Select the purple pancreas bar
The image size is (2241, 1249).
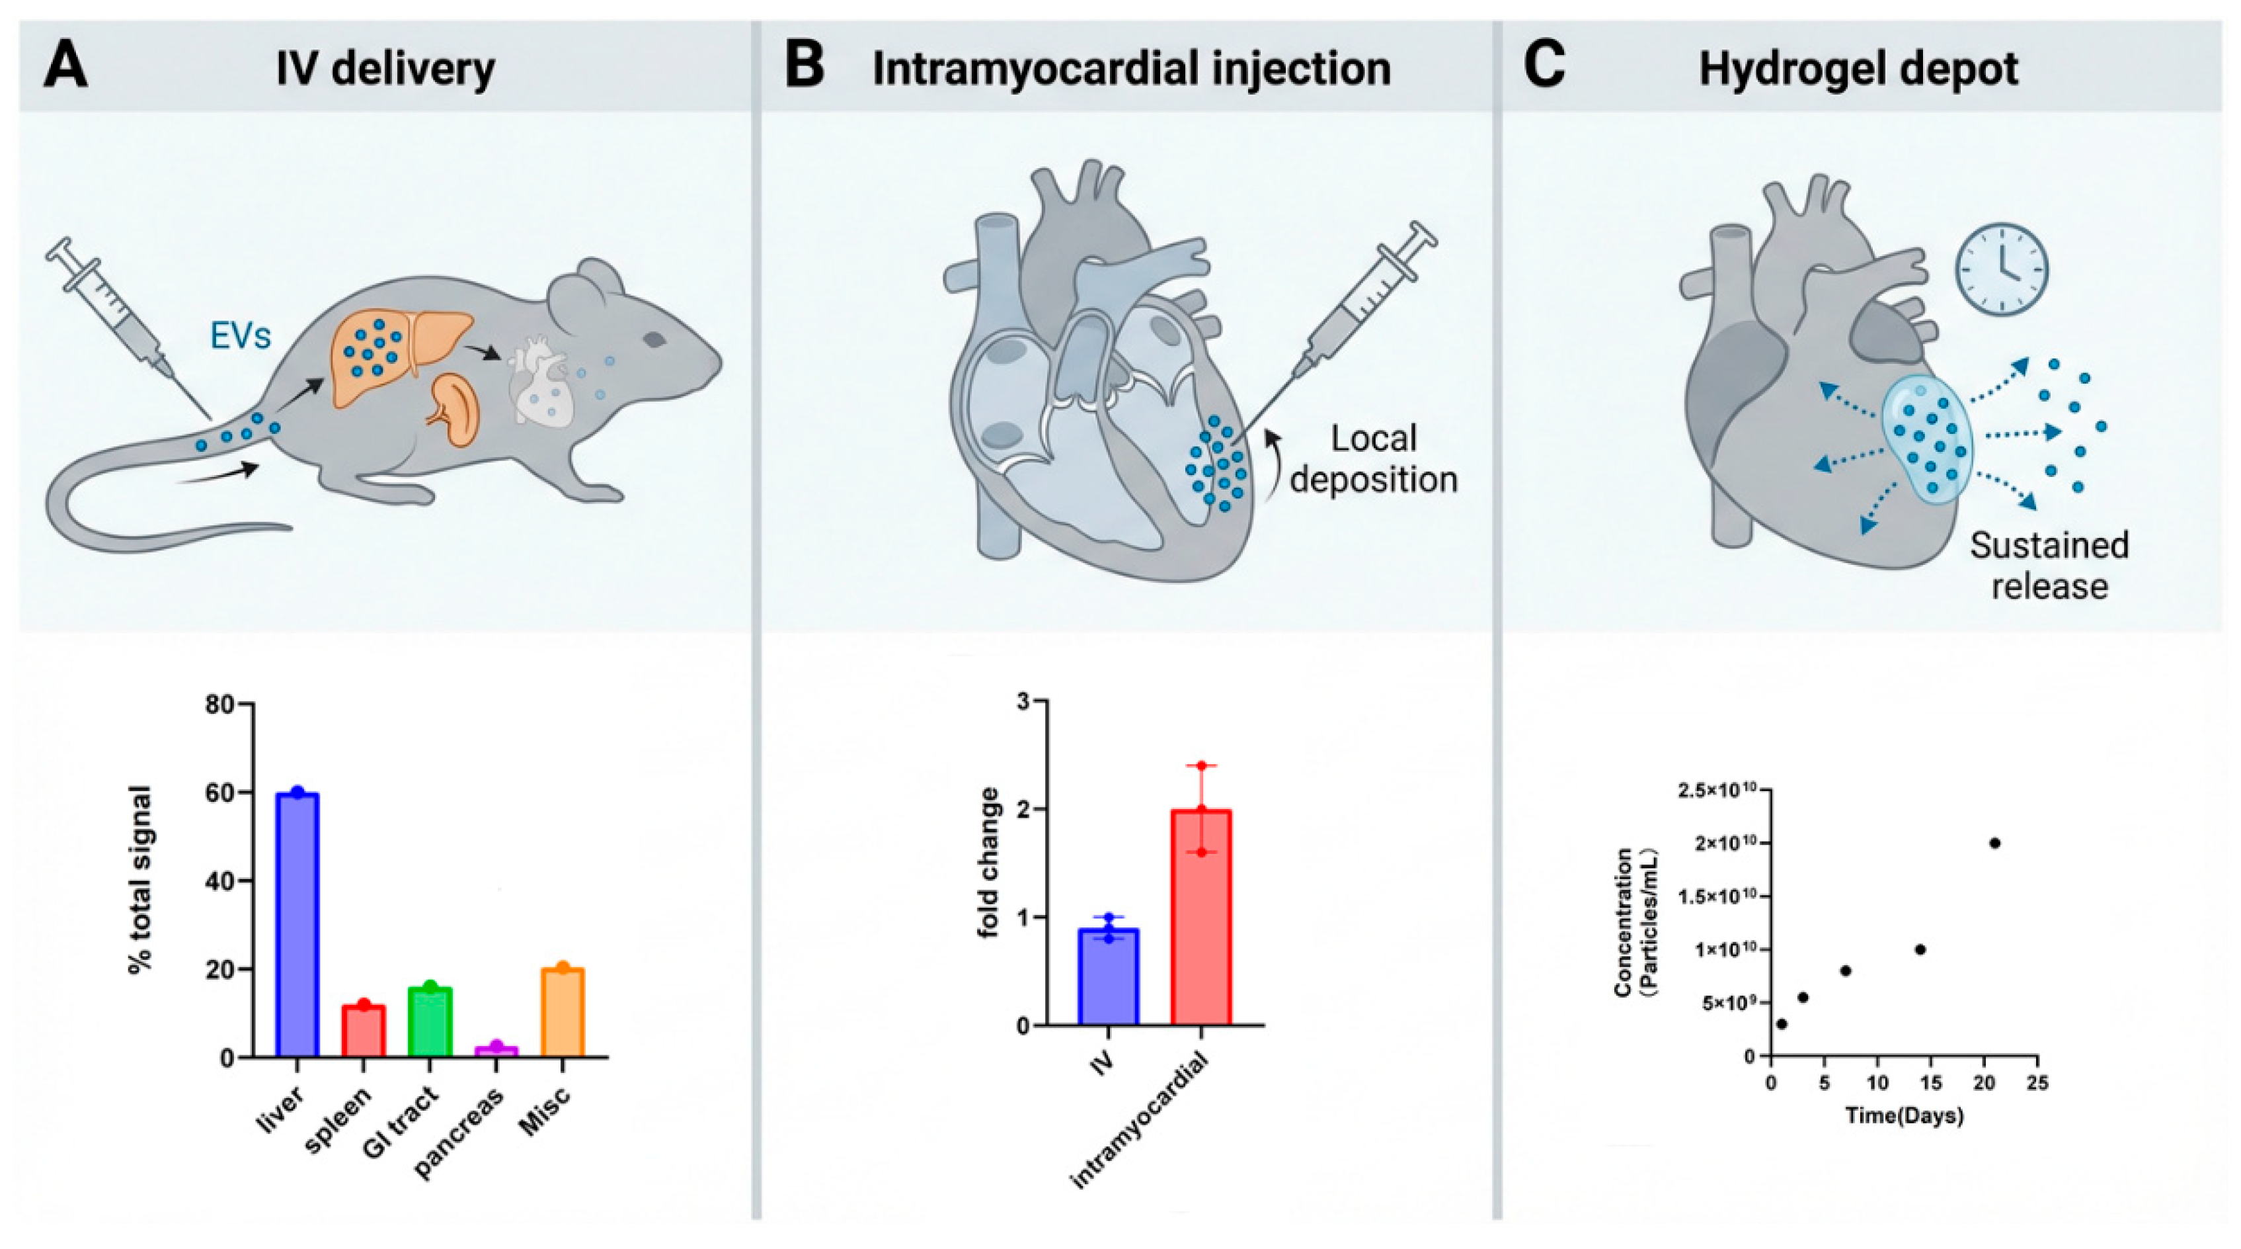click(x=496, y=1051)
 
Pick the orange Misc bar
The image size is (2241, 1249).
click(x=562, y=1012)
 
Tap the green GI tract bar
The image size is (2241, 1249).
click(x=430, y=1022)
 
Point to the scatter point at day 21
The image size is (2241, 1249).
click(x=1995, y=843)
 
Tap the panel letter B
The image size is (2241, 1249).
click(x=804, y=67)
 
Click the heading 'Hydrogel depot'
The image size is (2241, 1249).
click(x=1858, y=69)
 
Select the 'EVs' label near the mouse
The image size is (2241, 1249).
click(x=240, y=335)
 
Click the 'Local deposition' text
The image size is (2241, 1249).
click(x=1373, y=458)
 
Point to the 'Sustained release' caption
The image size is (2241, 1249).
click(x=2049, y=566)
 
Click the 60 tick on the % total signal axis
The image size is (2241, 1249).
click(x=220, y=793)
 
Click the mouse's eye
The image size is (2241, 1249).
click(x=654, y=339)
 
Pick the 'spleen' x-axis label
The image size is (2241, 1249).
click(x=338, y=1120)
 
